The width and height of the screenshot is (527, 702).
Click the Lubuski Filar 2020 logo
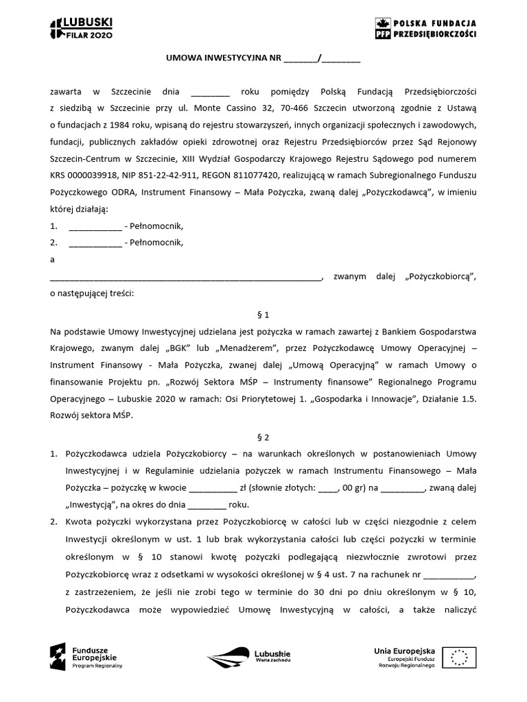tap(81, 28)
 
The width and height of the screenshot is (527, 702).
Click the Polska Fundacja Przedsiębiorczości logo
tap(425, 28)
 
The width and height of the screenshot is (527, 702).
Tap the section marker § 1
tap(263, 315)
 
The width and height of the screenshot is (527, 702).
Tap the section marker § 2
tap(263, 435)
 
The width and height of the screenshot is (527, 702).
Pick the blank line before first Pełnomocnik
tap(95, 226)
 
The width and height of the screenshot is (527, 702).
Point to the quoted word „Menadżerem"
tap(250, 348)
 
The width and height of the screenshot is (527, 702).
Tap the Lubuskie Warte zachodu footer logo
tap(250, 656)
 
